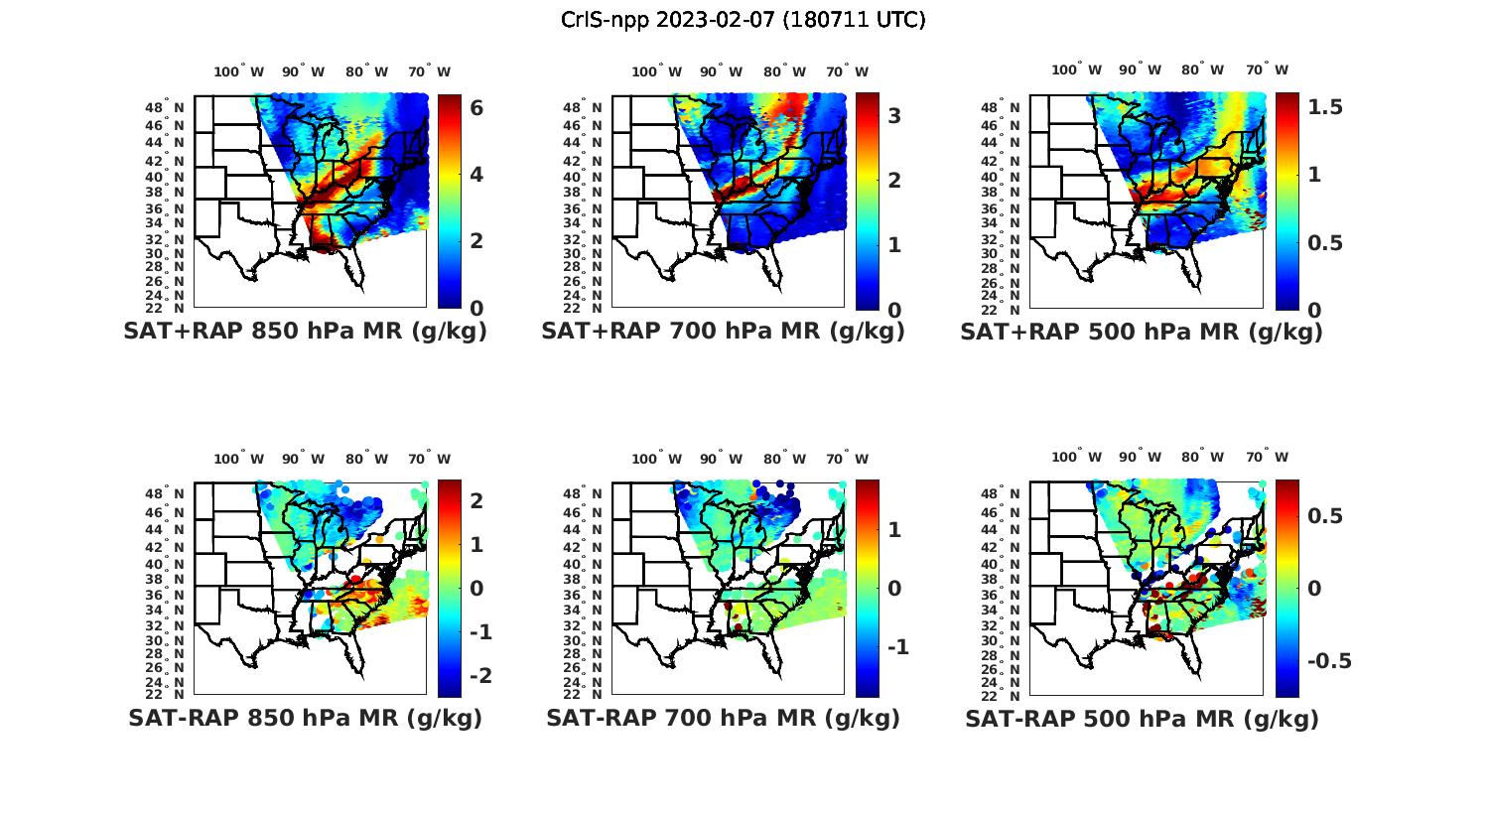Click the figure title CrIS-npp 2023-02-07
743,20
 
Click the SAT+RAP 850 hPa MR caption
305,332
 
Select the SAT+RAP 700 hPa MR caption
723,332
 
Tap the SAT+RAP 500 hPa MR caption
1142,332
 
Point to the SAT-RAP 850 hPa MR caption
305,718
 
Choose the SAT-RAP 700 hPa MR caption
723,718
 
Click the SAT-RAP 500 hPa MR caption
1142,718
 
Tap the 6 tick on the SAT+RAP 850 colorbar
476,107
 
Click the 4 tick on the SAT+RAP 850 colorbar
476,175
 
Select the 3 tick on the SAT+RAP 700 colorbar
894,116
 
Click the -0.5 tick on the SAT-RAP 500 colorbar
1329,661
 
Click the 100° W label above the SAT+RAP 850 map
239,71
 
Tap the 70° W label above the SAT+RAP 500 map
1267,69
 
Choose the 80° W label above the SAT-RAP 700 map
784,459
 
